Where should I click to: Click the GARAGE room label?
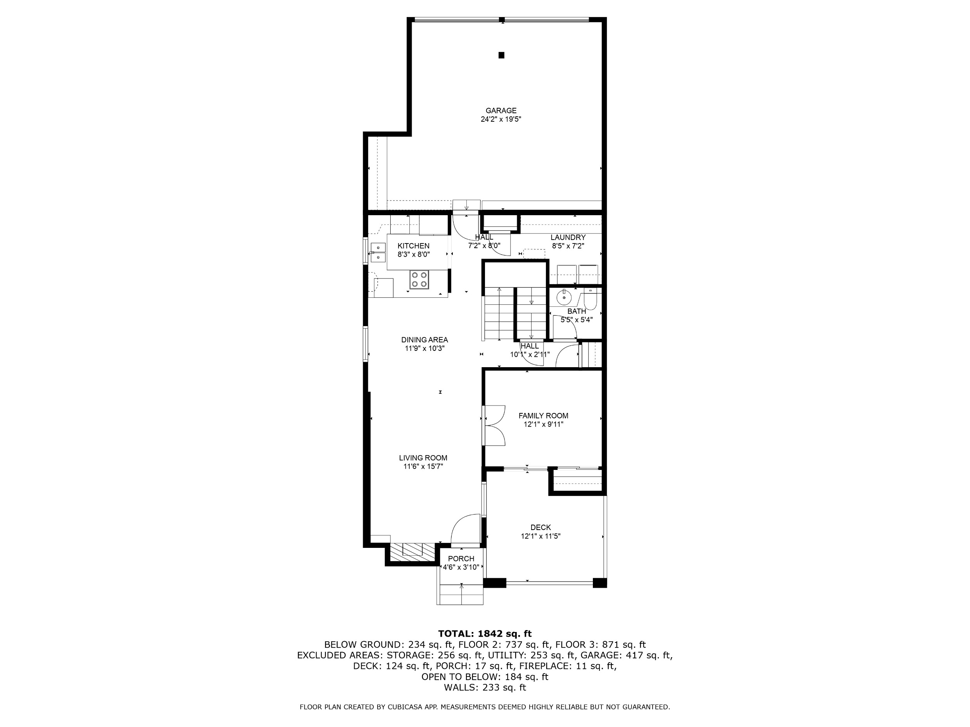pyautogui.click(x=501, y=111)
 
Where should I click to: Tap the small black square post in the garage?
pyautogui.click(x=501, y=55)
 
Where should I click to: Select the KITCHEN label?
pyautogui.click(x=414, y=246)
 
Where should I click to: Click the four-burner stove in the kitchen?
pyautogui.click(x=419, y=280)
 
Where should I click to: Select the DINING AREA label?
pyautogui.click(x=424, y=340)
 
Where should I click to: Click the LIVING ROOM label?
pyautogui.click(x=423, y=458)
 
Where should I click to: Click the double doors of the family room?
pyautogui.click(x=494, y=425)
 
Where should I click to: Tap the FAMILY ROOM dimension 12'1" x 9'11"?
pyautogui.click(x=543, y=424)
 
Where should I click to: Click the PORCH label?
pyautogui.click(x=461, y=559)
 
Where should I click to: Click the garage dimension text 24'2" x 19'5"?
pyautogui.click(x=501, y=119)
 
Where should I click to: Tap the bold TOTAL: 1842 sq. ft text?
pyautogui.click(x=485, y=634)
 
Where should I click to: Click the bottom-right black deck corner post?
pyautogui.click(x=600, y=583)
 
